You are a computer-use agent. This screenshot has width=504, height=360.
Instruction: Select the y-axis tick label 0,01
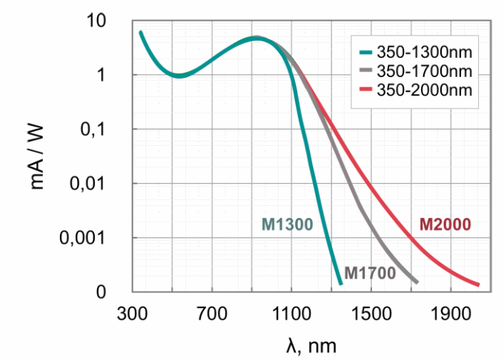(x=96, y=183)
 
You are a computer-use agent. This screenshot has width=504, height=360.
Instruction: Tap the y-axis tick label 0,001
(x=91, y=238)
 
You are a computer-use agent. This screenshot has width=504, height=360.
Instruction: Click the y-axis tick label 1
(x=112, y=75)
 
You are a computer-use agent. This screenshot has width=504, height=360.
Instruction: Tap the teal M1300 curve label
(x=285, y=224)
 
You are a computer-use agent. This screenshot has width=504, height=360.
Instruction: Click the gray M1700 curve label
(x=369, y=273)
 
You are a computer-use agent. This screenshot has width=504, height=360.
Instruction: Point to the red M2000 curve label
(x=445, y=224)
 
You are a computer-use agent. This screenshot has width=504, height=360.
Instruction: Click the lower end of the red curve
(x=478, y=284)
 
